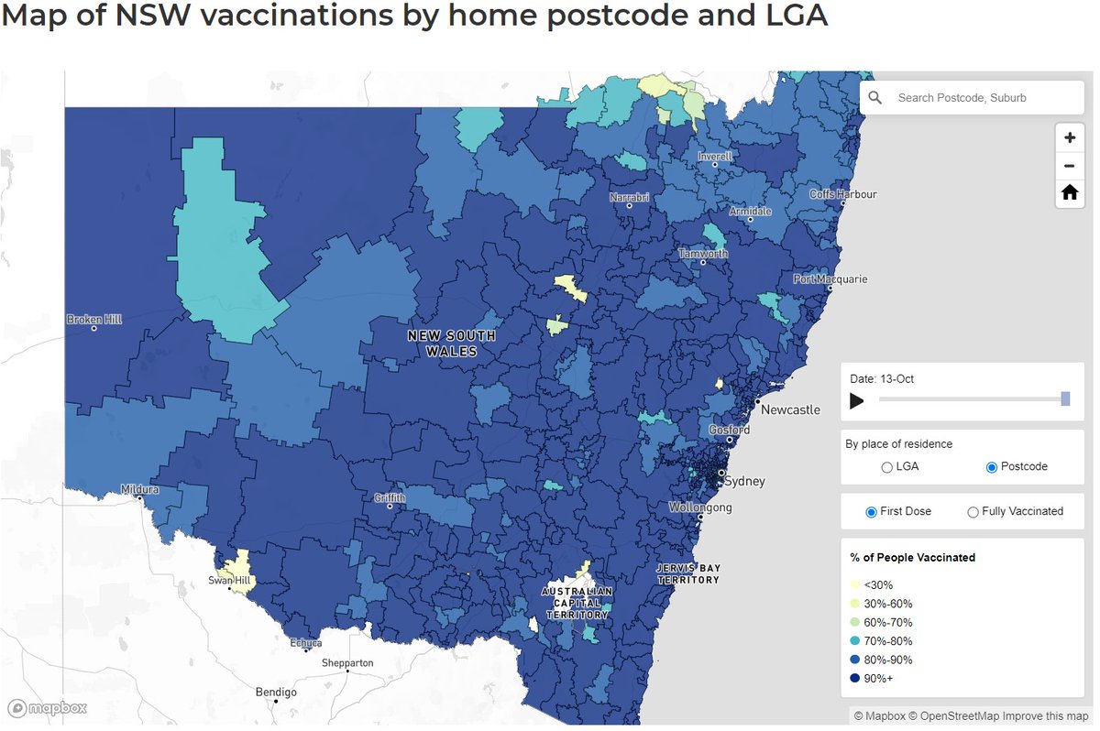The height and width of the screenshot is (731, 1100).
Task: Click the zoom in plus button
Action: (1069, 138)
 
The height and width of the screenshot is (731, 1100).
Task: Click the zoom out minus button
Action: (1069, 166)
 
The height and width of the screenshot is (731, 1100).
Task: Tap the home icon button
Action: (1069, 192)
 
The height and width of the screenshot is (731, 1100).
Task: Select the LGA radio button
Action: (886, 467)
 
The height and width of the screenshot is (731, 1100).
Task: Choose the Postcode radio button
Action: (991, 467)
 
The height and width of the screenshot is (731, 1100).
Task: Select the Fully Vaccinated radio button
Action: (973, 512)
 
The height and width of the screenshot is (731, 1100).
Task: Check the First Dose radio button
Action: (871, 512)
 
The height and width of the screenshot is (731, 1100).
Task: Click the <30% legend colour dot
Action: (855, 585)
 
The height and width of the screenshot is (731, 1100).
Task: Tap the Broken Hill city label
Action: (93, 320)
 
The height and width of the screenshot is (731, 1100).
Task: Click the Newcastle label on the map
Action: (789, 409)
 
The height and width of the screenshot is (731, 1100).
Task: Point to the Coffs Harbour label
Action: (842, 194)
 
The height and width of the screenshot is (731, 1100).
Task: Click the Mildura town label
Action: (139, 490)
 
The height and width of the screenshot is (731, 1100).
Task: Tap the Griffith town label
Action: (389, 498)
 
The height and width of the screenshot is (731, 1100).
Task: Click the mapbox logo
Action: (48, 708)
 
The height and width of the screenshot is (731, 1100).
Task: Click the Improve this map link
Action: (1047, 715)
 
